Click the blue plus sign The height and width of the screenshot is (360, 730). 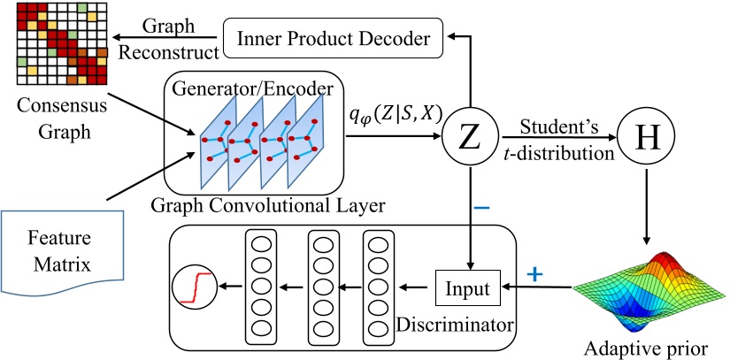tap(534, 274)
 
